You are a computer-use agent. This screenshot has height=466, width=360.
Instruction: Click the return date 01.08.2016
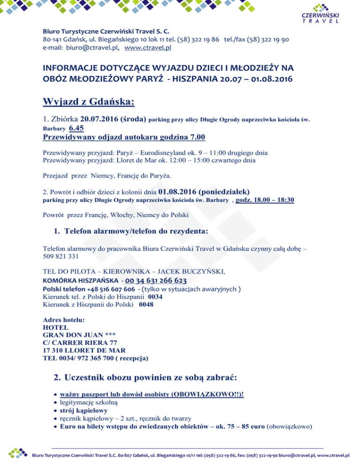pos(178,191)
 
